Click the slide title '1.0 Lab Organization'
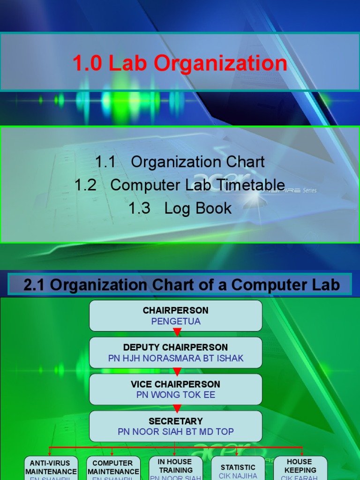[x=180, y=63]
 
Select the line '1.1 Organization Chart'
[x=180, y=162]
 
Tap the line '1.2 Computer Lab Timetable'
[x=180, y=185]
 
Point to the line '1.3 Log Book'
[x=180, y=208]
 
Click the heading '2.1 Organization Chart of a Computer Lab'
[x=181, y=285]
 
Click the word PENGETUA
[x=176, y=322]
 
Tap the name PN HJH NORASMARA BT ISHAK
[x=176, y=359]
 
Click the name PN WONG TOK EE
[x=176, y=395]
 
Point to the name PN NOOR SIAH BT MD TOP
[x=176, y=432]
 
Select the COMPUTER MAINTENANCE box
[x=113, y=467]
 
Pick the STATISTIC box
[x=238, y=467]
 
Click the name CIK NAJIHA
[x=238, y=476]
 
